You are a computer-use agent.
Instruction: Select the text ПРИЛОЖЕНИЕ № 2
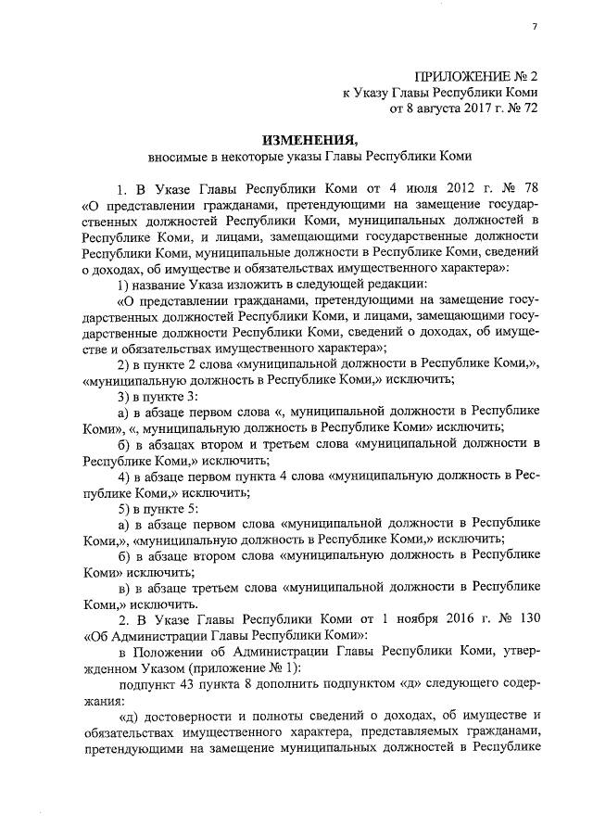point(476,75)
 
